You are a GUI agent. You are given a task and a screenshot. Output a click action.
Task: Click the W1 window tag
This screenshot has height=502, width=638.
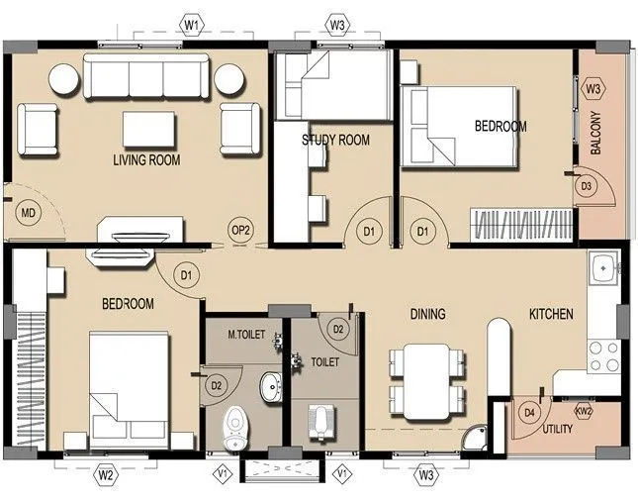[x=192, y=21]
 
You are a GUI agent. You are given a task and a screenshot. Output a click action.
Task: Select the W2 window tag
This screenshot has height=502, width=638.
[x=108, y=476]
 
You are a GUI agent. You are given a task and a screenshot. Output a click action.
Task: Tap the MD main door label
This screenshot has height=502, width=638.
[x=29, y=213]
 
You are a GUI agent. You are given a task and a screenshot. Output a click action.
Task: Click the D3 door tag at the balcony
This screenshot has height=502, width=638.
[x=586, y=186]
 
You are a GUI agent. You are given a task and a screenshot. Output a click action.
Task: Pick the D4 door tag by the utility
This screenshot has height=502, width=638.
[x=529, y=412]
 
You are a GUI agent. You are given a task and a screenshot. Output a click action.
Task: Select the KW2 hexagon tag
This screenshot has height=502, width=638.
[x=584, y=410]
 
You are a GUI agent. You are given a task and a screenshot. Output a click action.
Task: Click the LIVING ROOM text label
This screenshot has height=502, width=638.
[x=145, y=159]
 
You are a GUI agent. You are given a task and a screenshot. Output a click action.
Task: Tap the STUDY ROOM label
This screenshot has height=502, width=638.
[x=335, y=141]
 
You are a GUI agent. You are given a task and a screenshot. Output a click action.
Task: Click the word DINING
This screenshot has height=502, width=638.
[x=427, y=315]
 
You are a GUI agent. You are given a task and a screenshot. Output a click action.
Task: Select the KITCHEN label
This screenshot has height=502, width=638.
[x=551, y=315]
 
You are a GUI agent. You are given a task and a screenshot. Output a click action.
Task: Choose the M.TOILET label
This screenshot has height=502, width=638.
[x=245, y=336]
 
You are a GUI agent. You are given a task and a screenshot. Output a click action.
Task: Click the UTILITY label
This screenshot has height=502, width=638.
[x=562, y=431]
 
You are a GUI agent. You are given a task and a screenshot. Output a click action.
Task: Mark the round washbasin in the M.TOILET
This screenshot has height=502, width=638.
[x=268, y=385]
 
